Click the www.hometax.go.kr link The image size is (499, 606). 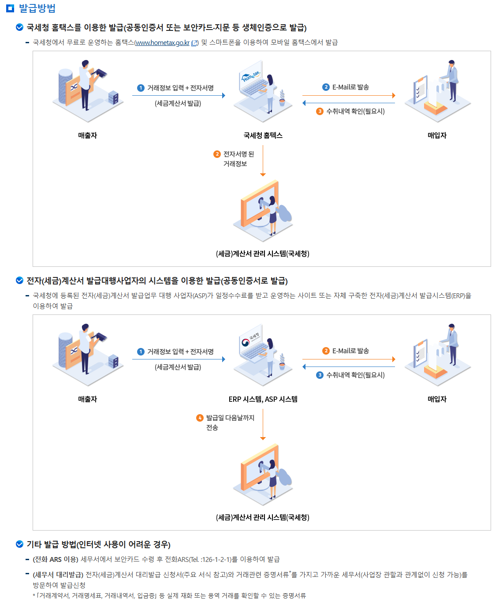tap(162, 42)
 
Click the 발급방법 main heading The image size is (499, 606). tap(37, 8)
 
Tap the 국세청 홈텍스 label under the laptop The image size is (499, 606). tap(263, 135)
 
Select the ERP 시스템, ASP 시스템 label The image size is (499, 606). tap(263, 399)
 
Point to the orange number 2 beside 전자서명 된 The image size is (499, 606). tap(217, 154)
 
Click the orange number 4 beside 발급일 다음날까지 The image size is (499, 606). tap(200, 418)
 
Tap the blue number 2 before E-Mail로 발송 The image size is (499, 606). tap(326, 87)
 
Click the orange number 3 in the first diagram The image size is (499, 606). tap(320, 111)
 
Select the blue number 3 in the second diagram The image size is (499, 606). tap(320, 375)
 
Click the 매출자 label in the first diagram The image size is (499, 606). tap(87, 135)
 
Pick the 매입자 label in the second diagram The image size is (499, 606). tap(437, 399)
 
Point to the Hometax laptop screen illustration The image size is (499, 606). tap(252, 79)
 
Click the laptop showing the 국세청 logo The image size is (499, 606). tap(252, 343)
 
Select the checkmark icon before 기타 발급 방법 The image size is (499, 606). tap(19, 544)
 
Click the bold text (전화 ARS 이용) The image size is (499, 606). tap(56, 559)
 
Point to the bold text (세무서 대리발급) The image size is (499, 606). tap(58, 574)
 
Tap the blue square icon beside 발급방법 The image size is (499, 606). tap(10, 8)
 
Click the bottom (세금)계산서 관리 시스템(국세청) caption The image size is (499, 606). tap(263, 517)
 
